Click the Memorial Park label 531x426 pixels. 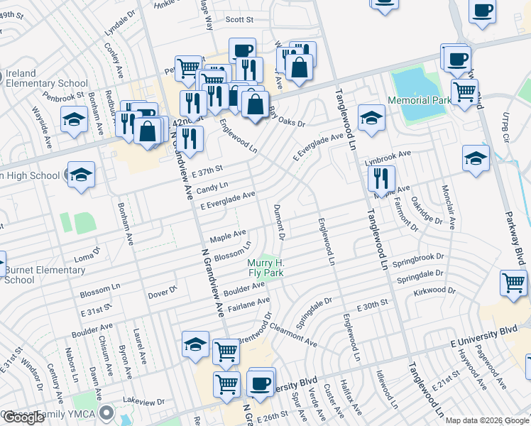(420, 102)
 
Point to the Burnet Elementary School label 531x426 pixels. (43, 275)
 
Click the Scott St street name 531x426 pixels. (239, 20)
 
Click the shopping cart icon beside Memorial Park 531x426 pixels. (464, 92)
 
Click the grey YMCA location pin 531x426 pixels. (107, 412)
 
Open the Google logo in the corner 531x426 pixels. (23, 417)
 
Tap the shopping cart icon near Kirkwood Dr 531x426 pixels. (513, 282)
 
